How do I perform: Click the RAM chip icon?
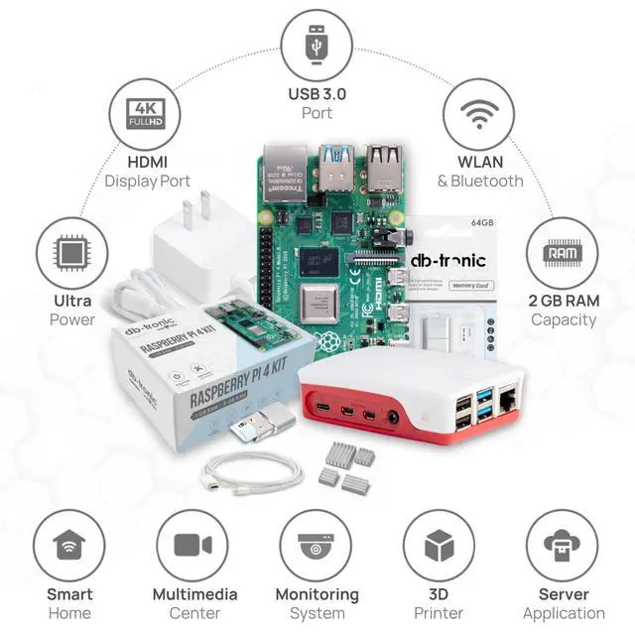[x=562, y=254]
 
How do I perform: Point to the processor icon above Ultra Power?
[x=71, y=254]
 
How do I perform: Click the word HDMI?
[x=147, y=162]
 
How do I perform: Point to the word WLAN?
[x=480, y=162]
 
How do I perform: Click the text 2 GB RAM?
[x=564, y=301]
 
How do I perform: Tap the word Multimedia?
[x=194, y=594]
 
